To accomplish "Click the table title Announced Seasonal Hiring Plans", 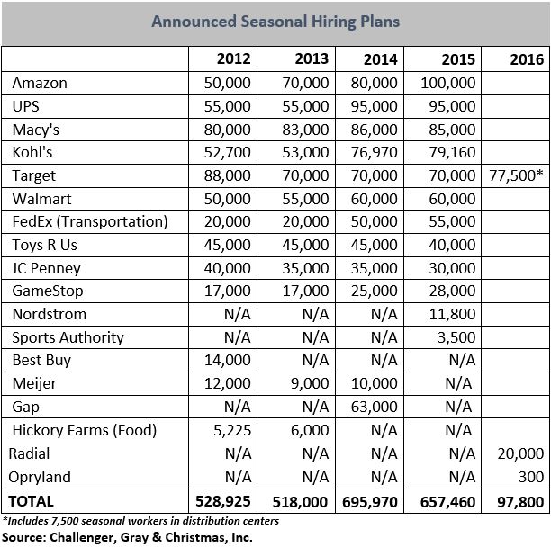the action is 275,22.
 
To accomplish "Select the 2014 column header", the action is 381,59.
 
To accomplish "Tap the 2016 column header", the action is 527,59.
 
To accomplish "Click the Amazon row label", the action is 40,83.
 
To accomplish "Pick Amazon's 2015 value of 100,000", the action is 448,83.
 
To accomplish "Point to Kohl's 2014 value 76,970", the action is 375,152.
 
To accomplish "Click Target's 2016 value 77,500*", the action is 517,175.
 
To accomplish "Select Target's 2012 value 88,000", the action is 228,175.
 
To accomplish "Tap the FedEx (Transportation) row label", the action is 90,222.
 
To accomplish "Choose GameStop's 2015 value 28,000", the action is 452,291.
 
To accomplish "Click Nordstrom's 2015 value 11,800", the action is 452,314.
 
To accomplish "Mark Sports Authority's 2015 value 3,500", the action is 456,337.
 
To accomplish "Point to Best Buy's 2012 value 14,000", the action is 228,360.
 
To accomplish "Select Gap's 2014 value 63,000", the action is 375,407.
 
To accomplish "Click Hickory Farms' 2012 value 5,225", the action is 232,430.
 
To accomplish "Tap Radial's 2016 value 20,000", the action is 520,453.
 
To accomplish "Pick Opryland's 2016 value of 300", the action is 531,477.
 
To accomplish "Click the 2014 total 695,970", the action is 370,502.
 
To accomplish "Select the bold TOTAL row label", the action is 31,501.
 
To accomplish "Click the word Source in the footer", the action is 23,537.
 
